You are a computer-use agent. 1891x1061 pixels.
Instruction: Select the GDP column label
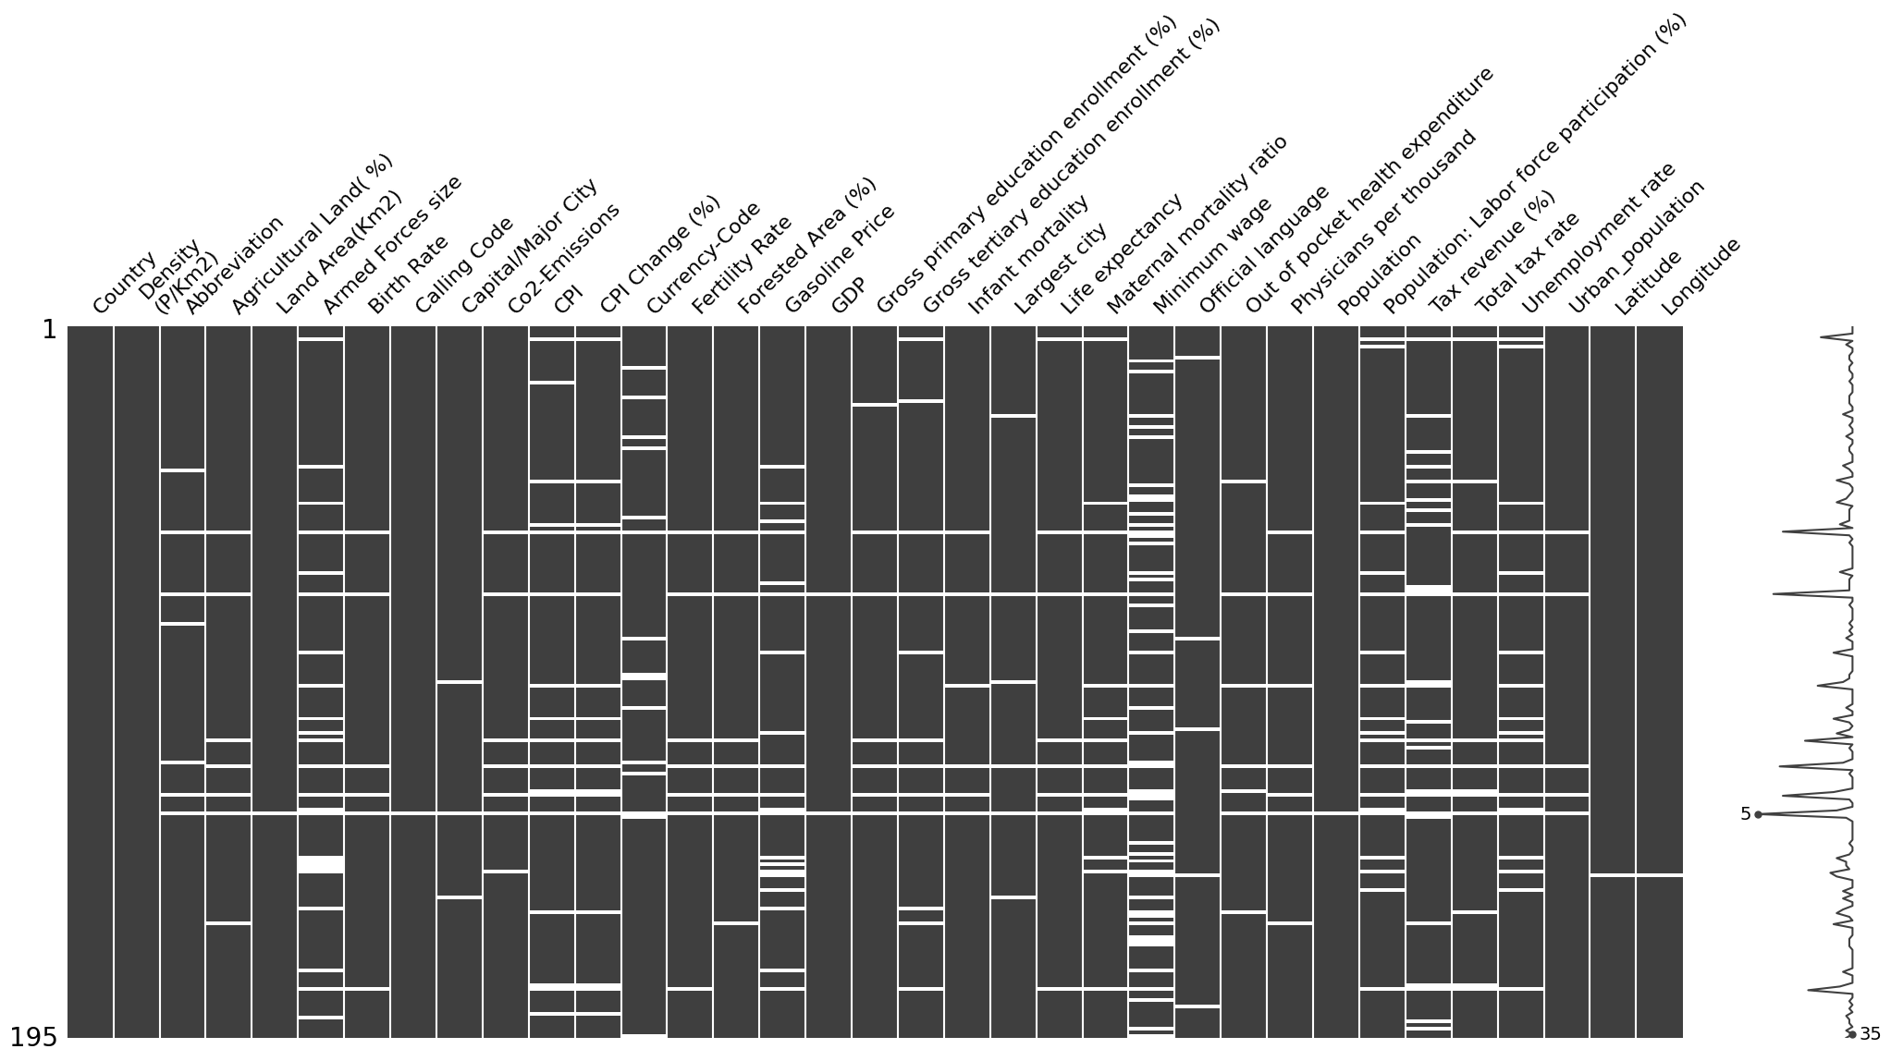click(x=850, y=297)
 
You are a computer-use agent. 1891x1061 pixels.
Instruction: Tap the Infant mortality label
click(x=1028, y=254)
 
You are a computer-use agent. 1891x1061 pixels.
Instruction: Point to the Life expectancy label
click(x=1121, y=253)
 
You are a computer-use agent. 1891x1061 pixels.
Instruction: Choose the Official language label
click(x=1264, y=250)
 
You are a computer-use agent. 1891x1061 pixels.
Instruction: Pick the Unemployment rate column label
click(x=1597, y=238)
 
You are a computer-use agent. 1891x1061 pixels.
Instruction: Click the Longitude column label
click(x=1701, y=276)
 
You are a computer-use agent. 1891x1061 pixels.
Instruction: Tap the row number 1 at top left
click(x=50, y=330)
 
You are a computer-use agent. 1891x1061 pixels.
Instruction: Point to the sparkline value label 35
click(x=1870, y=1034)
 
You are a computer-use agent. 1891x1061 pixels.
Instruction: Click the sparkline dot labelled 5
click(x=1758, y=814)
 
